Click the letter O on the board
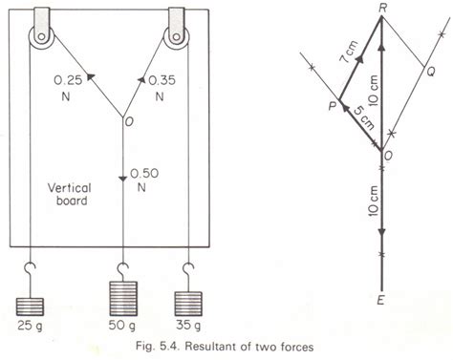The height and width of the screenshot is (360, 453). tap(126, 120)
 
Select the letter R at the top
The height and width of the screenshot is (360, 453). tap(381, 8)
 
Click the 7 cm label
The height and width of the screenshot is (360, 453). tap(346, 61)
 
